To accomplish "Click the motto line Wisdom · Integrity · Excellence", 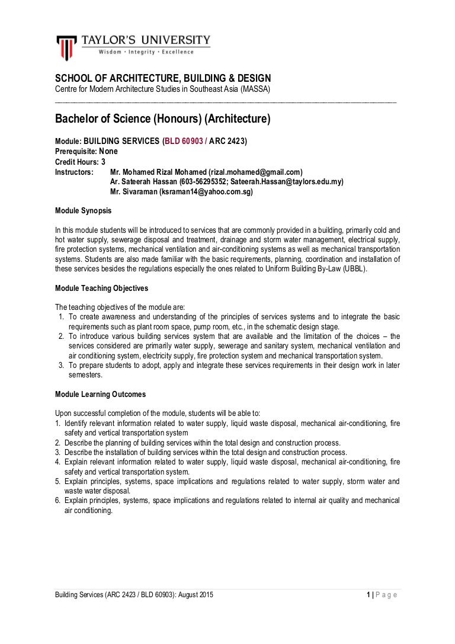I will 146,52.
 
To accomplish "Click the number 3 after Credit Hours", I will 104,161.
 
